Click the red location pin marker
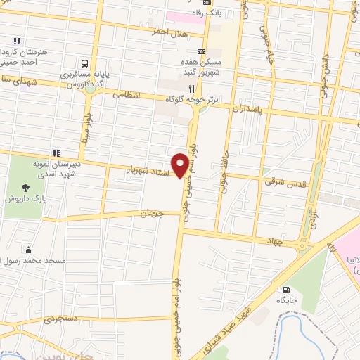click(181, 165)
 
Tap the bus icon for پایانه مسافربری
click(84, 62)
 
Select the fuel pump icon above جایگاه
click(285, 290)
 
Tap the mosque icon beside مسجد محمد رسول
click(28, 249)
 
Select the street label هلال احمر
click(171, 31)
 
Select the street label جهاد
click(273, 241)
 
